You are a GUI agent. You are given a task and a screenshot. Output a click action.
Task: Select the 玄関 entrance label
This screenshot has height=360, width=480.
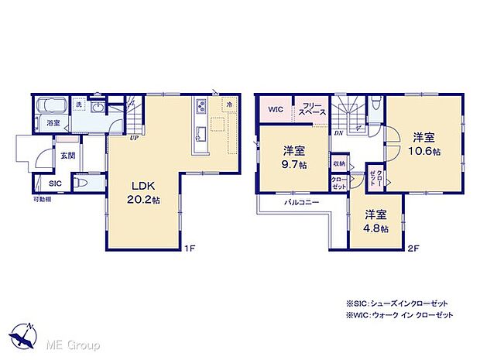pos(67,155)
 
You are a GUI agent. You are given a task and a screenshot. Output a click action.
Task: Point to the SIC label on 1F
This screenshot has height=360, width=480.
pos(55,183)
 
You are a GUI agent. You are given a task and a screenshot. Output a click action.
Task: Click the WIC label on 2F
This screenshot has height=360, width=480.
pos(276,110)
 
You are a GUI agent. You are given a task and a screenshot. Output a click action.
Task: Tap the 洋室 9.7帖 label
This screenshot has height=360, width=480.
pos(294,157)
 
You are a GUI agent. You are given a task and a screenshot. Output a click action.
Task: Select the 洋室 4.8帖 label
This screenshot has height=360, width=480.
pos(376,221)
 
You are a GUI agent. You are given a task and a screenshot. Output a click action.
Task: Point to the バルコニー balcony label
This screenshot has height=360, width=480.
pos(300,201)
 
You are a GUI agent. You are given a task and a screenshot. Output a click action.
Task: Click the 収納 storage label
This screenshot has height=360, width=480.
pos(339,164)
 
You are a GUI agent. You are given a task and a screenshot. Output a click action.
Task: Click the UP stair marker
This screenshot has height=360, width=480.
pos(134,139)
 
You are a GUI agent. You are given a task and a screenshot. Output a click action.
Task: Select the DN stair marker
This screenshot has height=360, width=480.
pos(339,133)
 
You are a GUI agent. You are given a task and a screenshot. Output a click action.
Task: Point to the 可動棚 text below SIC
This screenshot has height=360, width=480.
pos(42,200)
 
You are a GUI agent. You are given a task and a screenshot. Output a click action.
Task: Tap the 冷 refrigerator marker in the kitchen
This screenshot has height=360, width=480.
pos(229,104)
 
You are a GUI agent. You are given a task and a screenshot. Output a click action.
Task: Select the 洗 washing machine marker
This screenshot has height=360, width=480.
pos(79,103)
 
